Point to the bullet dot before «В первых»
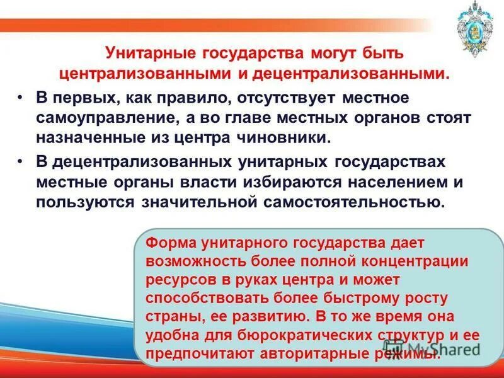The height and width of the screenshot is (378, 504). (x=21, y=98)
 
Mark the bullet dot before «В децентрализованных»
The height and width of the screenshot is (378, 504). (x=21, y=162)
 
